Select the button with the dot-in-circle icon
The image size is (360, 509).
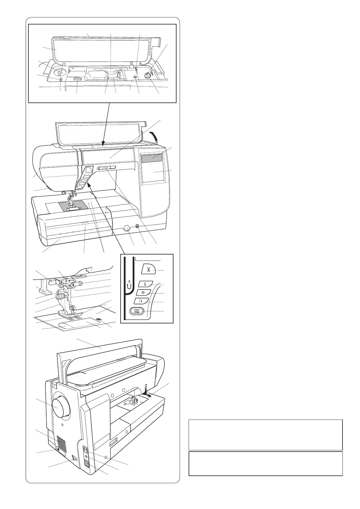(142, 293)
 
